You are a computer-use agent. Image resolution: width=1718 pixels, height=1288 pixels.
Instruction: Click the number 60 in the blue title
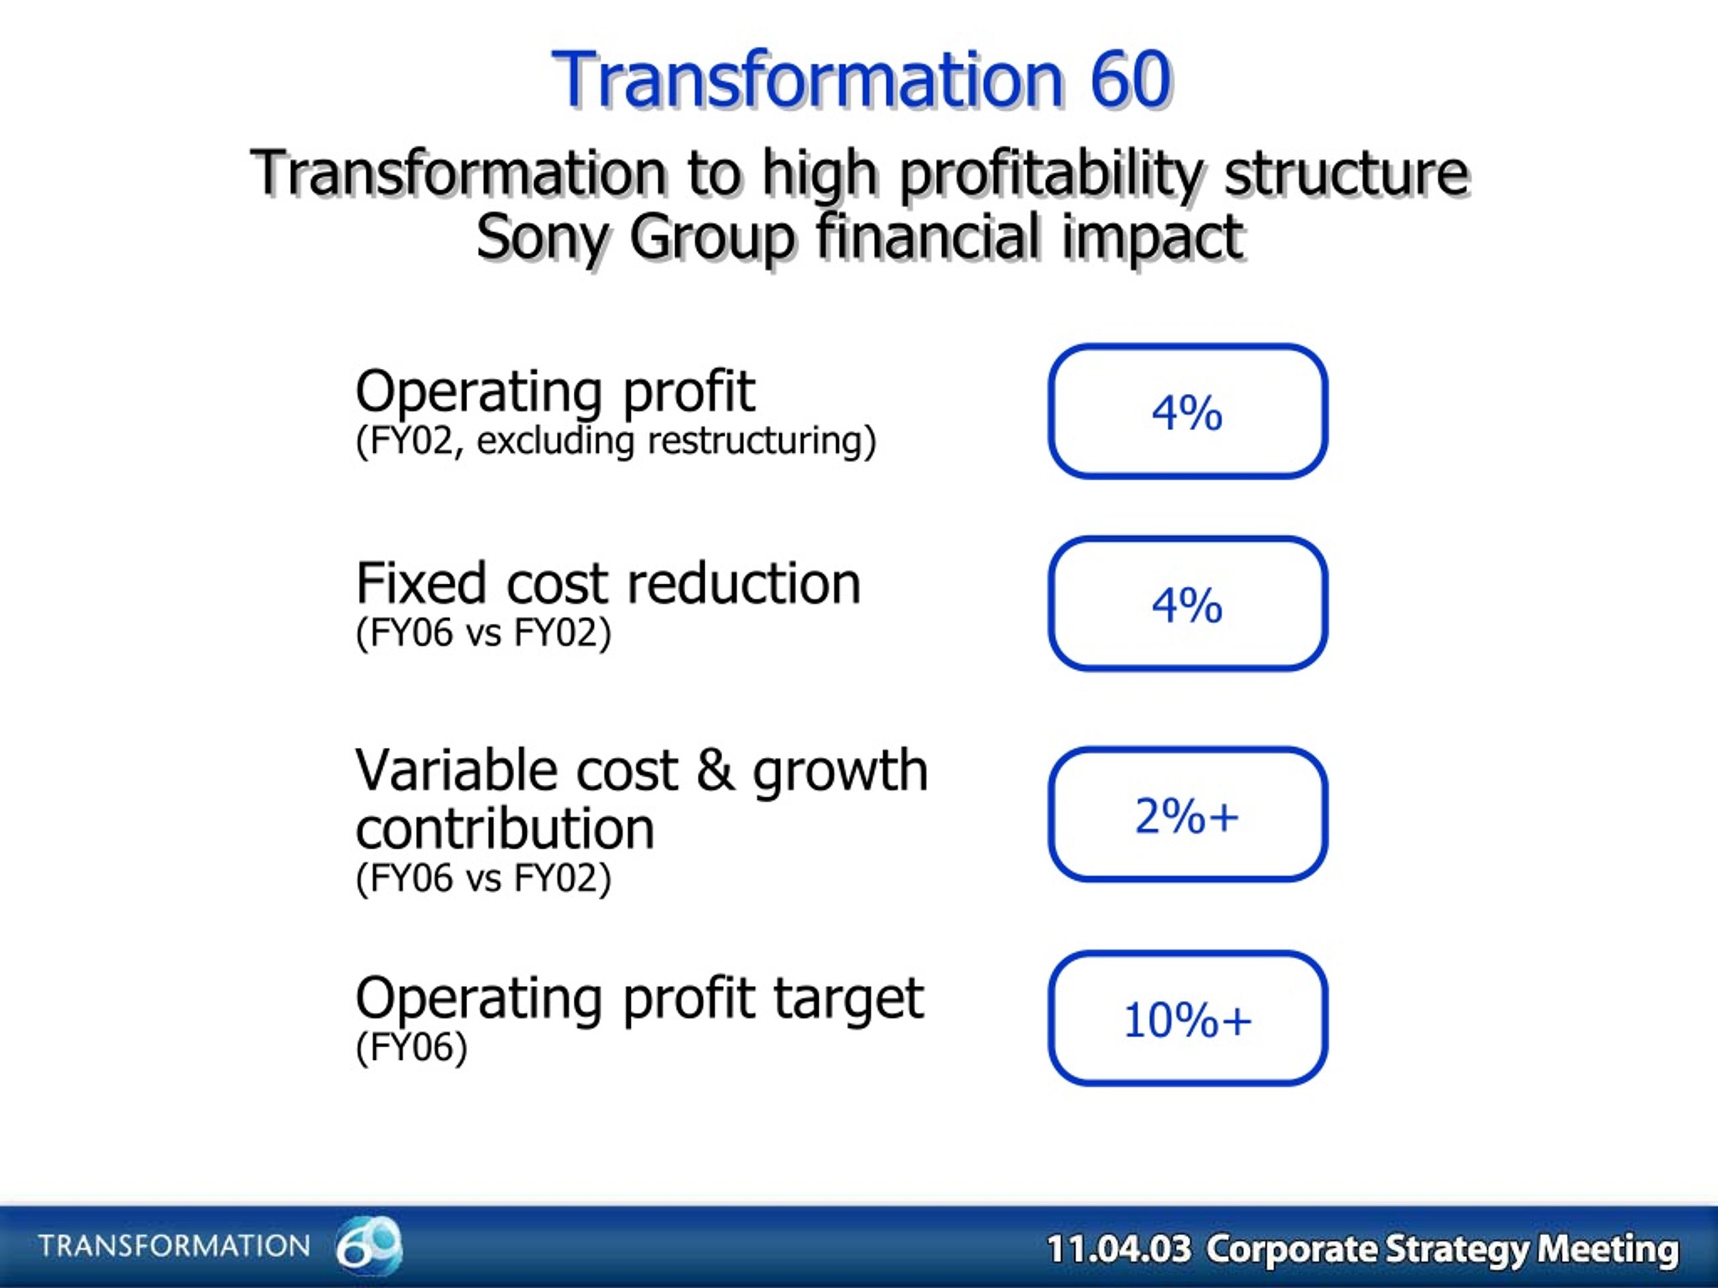coord(1130,79)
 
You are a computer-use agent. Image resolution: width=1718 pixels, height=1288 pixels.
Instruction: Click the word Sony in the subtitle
coord(542,238)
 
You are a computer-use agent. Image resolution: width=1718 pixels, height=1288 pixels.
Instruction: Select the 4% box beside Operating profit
coord(1188,411)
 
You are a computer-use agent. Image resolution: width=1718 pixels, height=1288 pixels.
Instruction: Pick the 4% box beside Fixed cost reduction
coord(1188,603)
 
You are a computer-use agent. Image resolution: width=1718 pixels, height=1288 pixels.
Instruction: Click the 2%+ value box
coord(1188,814)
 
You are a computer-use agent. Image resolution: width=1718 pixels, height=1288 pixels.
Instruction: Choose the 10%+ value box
coord(1188,1018)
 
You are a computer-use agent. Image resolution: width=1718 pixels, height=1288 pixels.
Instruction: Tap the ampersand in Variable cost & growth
coord(715,770)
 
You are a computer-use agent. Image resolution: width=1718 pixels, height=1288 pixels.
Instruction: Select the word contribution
coord(505,828)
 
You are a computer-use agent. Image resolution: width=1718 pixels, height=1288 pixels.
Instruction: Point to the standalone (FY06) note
coord(411,1047)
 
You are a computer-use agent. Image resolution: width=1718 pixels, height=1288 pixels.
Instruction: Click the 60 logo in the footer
coord(369,1244)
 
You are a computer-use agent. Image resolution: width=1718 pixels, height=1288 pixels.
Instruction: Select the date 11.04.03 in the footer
coord(1119,1249)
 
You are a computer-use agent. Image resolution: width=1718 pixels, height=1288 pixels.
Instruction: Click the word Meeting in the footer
coord(1608,1249)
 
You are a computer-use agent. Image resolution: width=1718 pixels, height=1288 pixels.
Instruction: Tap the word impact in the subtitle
coord(1152,238)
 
